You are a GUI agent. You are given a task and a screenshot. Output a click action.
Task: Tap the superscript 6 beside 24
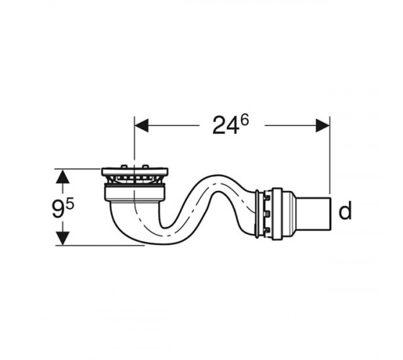245,120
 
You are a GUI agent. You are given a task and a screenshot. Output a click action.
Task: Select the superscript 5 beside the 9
71,204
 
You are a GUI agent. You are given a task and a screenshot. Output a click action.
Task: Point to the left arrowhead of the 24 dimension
141,125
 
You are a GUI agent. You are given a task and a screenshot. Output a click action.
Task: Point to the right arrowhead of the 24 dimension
322,125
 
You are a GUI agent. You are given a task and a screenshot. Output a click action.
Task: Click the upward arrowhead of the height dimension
63,176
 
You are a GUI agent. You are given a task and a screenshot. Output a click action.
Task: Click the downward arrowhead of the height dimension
63,238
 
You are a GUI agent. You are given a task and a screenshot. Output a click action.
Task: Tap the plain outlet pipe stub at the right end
314,215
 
